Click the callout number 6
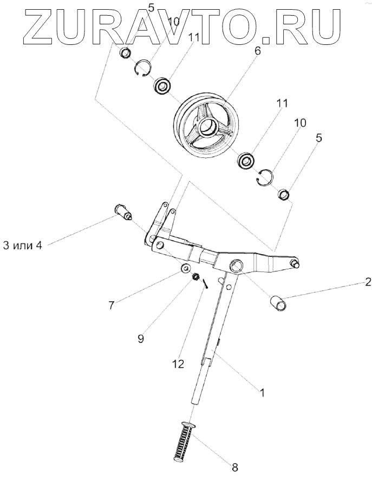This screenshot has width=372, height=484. (257, 52)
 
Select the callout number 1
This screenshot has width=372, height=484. (263, 393)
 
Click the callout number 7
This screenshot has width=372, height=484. (111, 306)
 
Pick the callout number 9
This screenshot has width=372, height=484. (140, 339)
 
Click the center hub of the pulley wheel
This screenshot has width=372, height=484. (207, 128)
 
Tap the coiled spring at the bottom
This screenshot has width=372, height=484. (184, 441)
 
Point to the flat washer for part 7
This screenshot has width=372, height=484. (186, 268)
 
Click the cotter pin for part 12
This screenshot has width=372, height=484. (206, 284)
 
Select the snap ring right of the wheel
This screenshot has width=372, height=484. (265, 176)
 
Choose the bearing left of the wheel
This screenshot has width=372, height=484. (162, 85)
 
